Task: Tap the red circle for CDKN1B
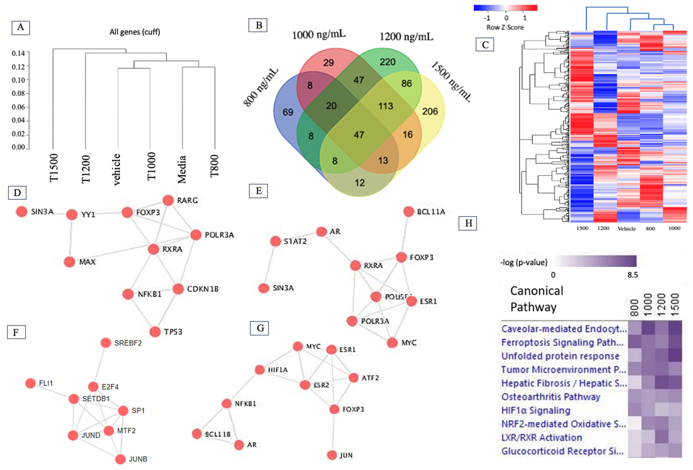(178, 289)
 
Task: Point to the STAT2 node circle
(275, 241)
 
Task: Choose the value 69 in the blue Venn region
(288, 112)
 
